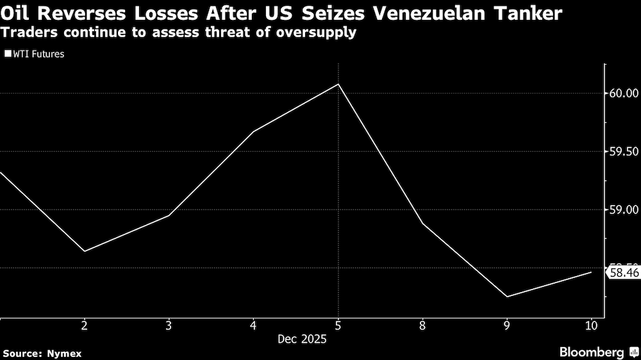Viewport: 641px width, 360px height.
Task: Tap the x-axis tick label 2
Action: coord(85,325)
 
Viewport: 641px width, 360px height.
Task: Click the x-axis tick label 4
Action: coord(254,325)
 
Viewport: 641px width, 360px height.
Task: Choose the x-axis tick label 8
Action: coord(422,325)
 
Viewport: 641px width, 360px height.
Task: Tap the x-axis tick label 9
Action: coord(507,325)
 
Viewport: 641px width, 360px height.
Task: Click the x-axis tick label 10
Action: coord(591,325)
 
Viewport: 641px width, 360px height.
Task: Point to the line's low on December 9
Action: coord(507,297)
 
